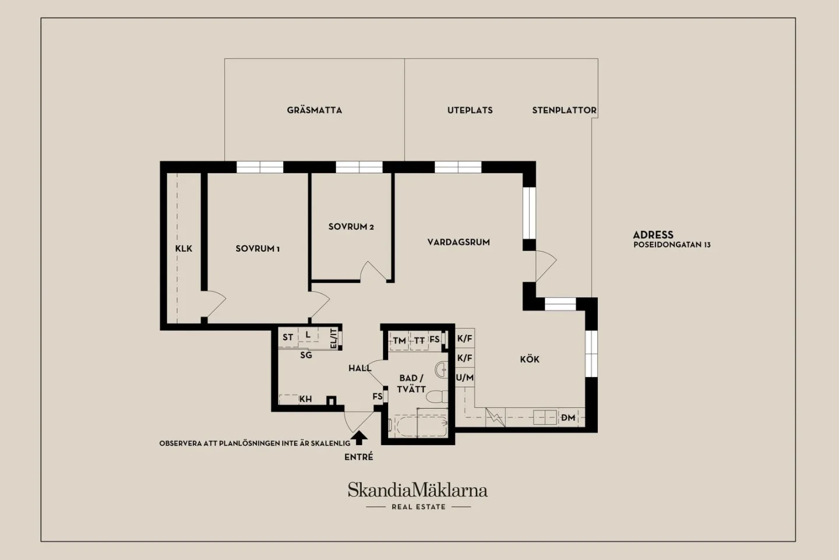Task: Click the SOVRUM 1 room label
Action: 258,249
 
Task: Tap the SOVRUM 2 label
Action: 351,227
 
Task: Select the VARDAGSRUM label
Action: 459,242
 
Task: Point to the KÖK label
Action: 530,359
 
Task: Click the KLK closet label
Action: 184,248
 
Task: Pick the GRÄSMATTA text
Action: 314,110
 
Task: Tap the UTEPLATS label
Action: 470,110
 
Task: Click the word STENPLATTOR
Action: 564,110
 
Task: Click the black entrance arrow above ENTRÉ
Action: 359,438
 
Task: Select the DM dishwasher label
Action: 568,417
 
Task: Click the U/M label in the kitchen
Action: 465,378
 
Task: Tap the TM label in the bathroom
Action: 399,340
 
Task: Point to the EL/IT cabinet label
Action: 334,338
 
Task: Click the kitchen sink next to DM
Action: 545,417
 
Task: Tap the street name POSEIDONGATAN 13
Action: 672,245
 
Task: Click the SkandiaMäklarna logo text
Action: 418,489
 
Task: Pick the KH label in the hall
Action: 306,399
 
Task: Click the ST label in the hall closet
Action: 288,337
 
